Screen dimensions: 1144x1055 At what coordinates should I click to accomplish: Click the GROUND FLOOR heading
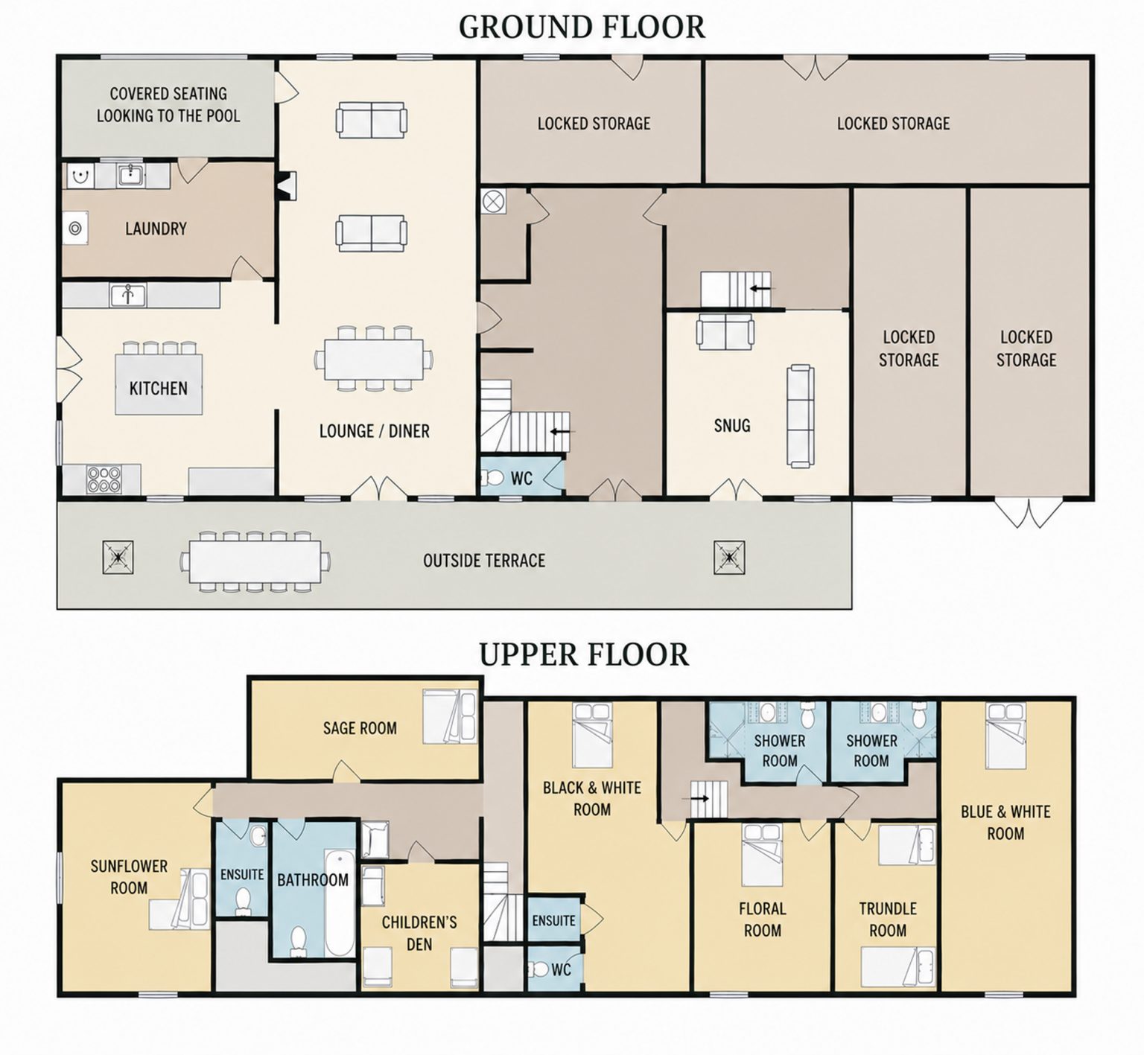(582, 27)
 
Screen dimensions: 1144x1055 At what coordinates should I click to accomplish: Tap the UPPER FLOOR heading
(583, 654)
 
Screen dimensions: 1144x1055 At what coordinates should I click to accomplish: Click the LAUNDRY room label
(156, 229)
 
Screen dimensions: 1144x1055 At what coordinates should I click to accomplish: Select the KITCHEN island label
(159, 388)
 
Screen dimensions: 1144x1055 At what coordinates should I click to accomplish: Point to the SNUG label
(732, 426)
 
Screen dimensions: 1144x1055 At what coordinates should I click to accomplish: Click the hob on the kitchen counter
(104, 479)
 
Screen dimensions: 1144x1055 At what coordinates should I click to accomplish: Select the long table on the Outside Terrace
(255, 560)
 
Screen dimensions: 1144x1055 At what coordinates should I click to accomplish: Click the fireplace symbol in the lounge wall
(287, 186)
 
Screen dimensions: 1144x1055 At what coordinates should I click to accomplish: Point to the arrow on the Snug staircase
(762, 288)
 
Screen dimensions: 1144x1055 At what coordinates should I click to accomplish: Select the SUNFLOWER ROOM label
(129, 877)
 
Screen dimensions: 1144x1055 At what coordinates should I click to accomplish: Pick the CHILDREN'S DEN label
(419, 934)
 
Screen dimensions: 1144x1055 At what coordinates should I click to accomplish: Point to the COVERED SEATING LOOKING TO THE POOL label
(168, 105)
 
